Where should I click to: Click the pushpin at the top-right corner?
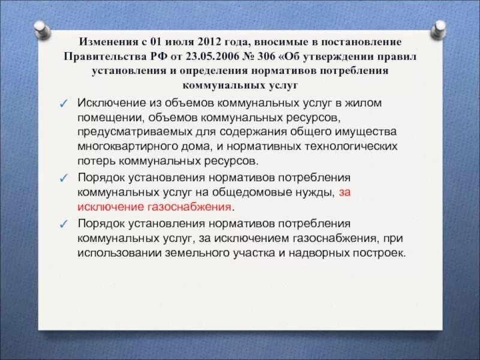(439, 28)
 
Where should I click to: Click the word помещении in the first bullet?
(106, 118)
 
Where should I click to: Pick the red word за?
(344, 193)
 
